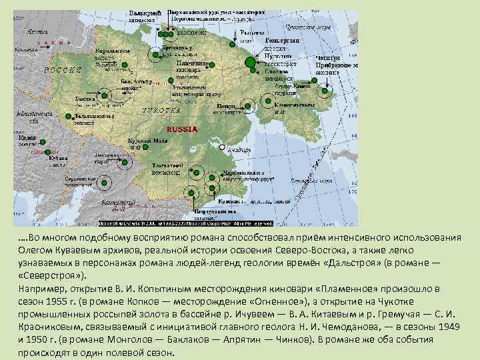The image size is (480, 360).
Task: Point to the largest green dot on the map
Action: pos(250,63)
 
